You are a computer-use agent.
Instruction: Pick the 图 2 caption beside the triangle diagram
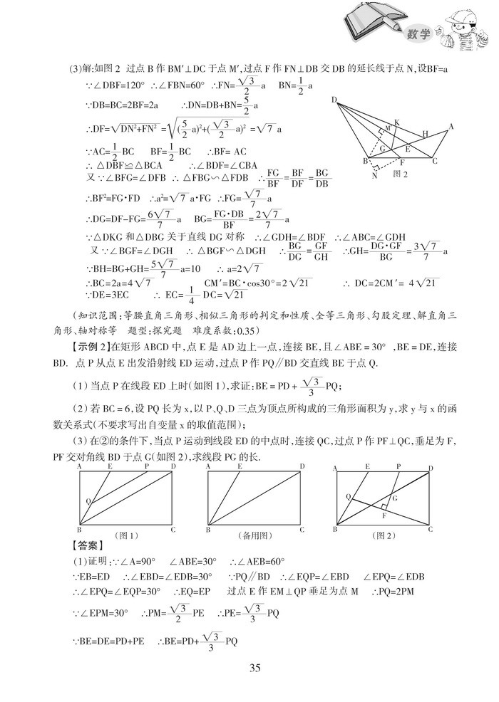coord(401,172)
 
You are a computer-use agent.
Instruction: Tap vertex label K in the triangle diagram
coord(396,122)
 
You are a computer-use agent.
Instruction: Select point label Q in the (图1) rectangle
coord(88,501)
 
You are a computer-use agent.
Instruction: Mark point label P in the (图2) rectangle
coord(398,466)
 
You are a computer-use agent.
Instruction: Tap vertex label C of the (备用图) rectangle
coord(302,529)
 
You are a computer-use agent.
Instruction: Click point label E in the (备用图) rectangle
coord(240,466)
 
